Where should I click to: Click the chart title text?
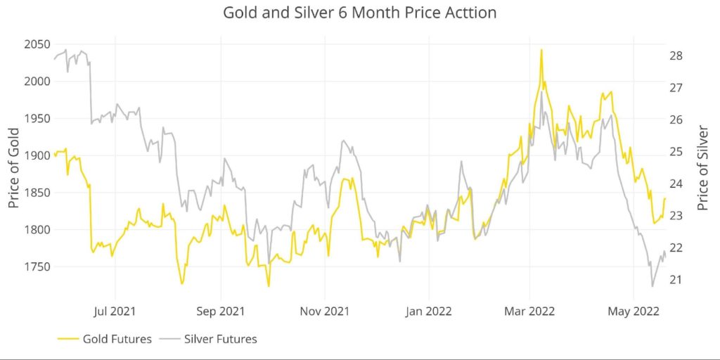359,13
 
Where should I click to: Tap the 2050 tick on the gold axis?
36,44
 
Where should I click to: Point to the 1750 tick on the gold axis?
36,267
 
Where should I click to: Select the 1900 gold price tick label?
36,155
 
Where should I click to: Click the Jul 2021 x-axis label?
115,310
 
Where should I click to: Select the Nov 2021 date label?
325,310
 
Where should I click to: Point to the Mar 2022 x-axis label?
530,310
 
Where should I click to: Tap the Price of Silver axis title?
702,168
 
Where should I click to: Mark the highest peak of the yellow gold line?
541,50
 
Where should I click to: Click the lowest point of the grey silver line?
652,286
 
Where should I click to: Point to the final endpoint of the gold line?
664,199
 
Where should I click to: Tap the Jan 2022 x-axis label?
429,310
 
